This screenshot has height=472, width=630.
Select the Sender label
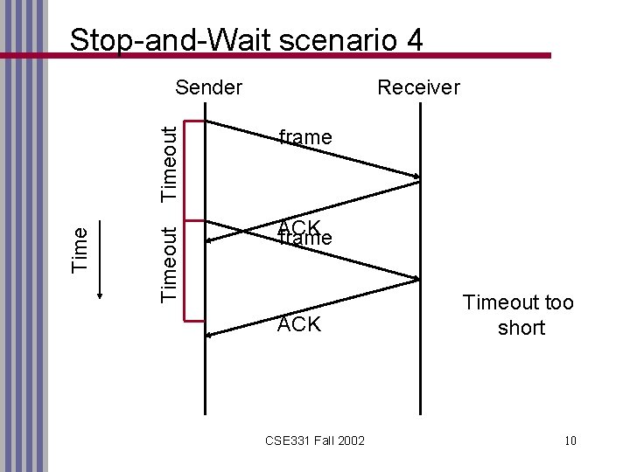(208, 87)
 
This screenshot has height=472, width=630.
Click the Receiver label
(417, 87)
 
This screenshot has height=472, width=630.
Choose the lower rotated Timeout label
(172, 262)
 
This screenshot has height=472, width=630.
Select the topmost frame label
(304, 137)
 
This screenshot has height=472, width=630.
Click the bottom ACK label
(299, 325)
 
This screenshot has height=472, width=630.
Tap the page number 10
(570, 439)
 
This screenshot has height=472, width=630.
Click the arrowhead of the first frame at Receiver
(416, 177)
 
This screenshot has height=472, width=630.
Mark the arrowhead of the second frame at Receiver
(416, 279)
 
